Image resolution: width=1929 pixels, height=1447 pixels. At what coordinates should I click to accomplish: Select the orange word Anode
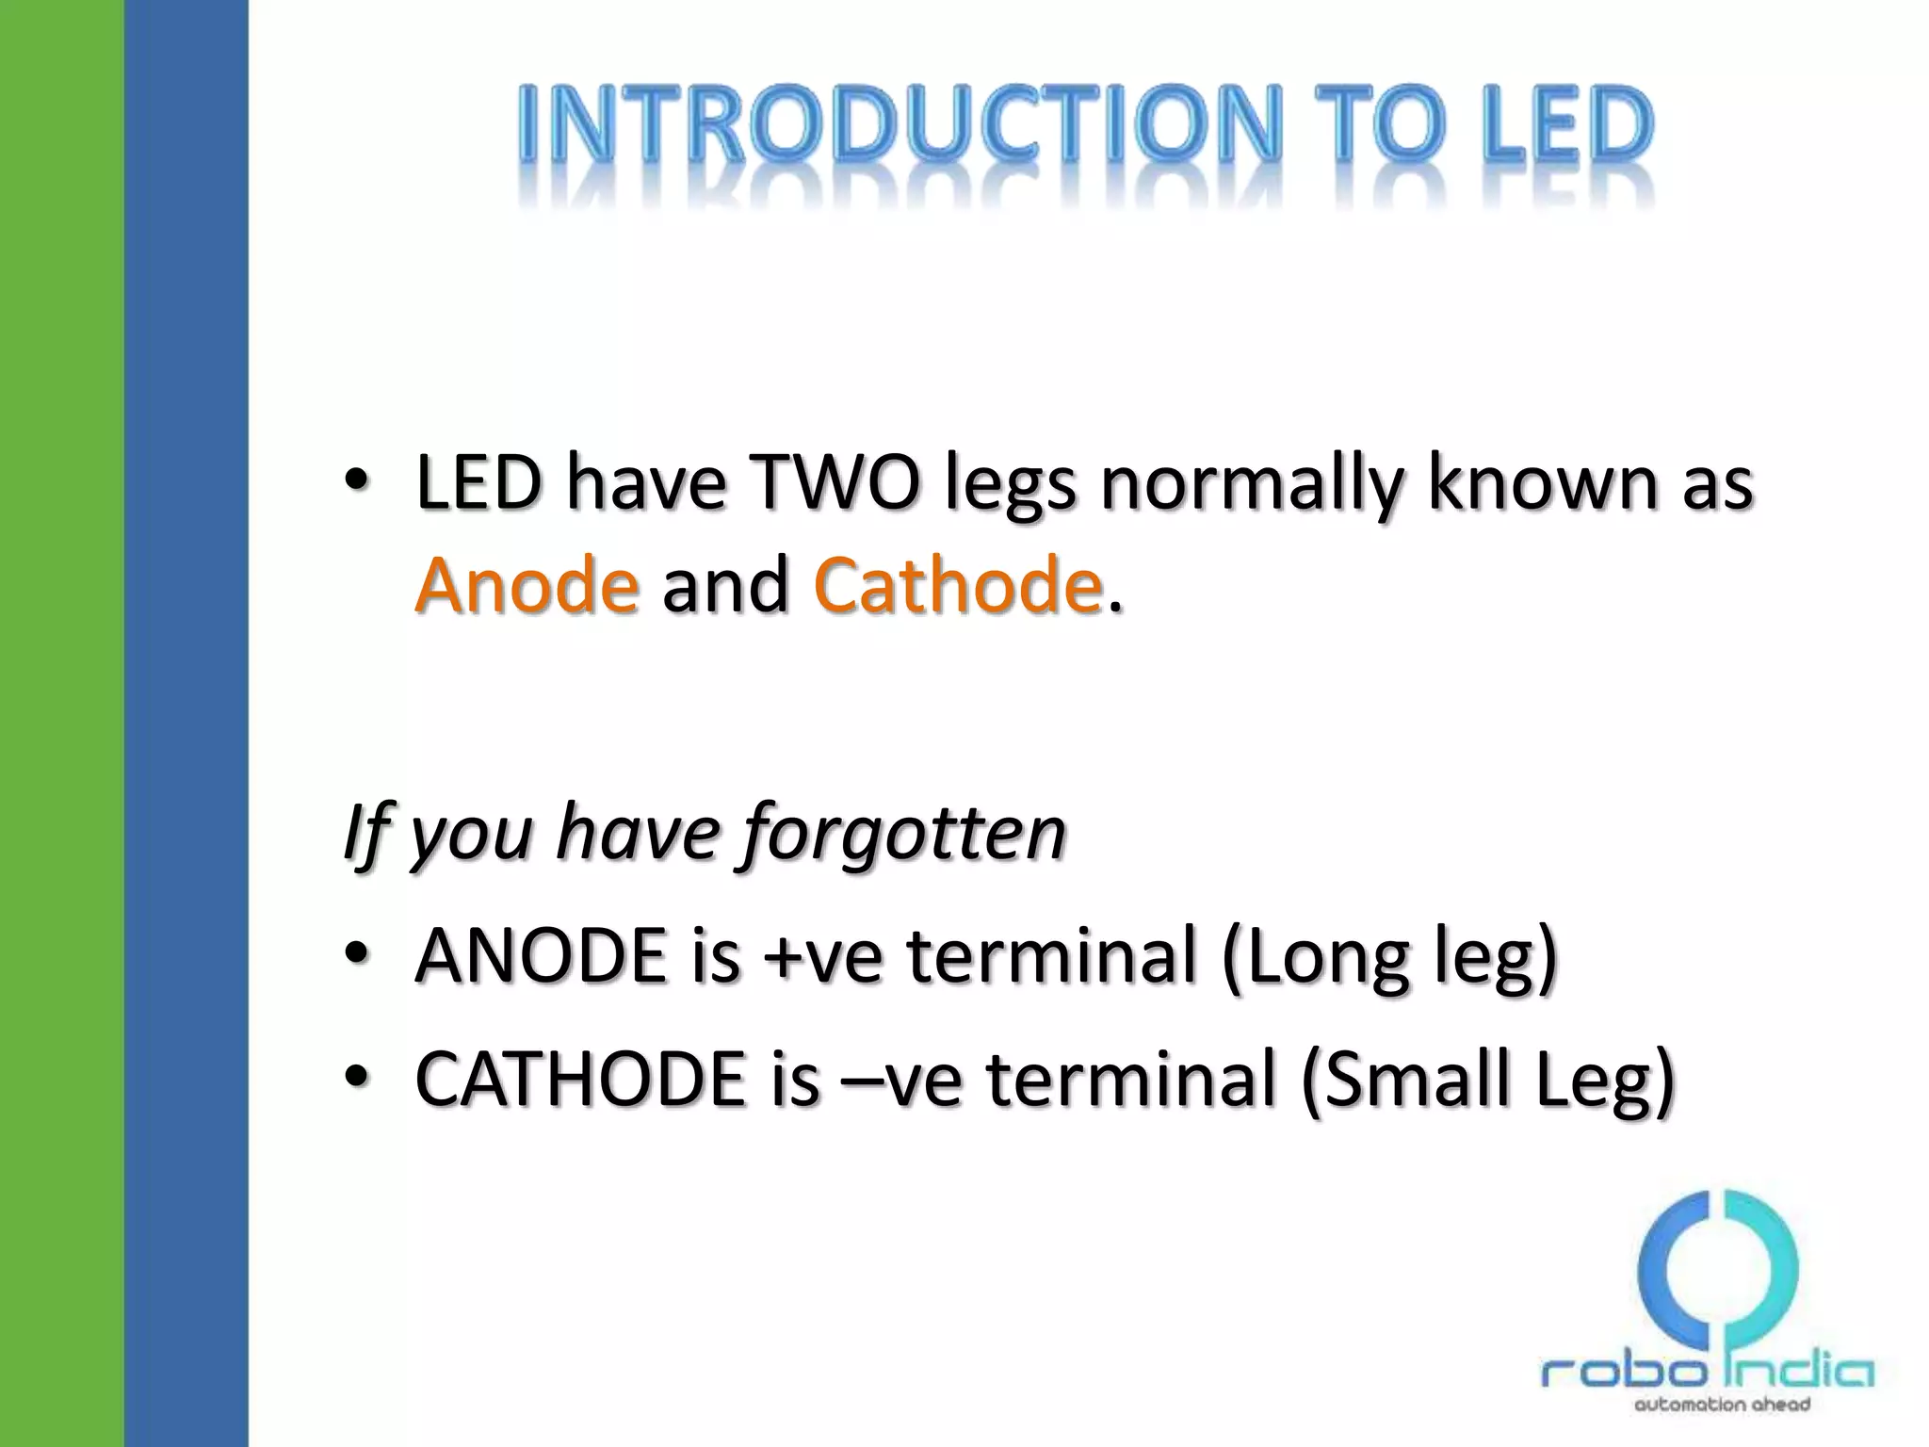pyautogui.click(x=527, y=585)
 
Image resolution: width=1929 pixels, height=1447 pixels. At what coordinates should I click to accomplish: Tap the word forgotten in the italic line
pyautogui.click(x=904, y=833)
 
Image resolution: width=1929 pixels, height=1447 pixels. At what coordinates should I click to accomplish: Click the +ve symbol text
pyautogui.click(x=823, y=957)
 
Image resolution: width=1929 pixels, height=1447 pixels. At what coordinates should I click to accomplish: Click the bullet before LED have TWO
pyautogui.click(x=357, y=481)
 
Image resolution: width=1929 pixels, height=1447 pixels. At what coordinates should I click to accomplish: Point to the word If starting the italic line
pyautogui.click(x=365, y=833)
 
